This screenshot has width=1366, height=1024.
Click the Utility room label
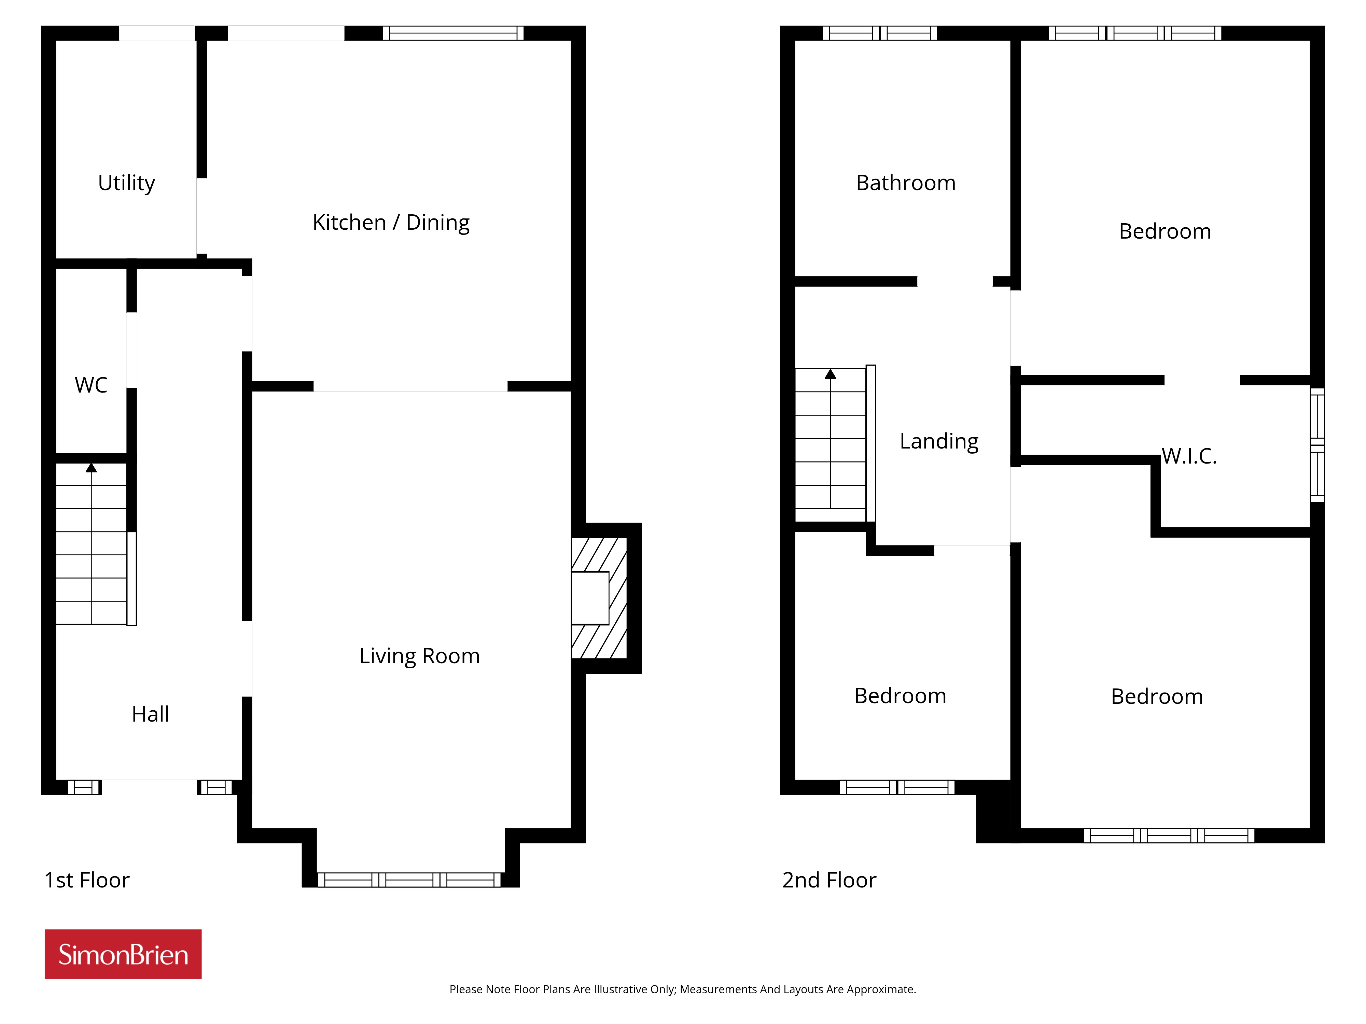coord(127,183)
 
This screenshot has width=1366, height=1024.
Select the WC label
coord(91,385)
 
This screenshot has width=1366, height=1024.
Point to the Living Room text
coord(419,656)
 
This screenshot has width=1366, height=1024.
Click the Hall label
coord(150,714)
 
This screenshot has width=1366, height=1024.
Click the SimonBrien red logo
coord(123,954)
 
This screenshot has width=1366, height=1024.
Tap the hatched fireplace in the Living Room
coord(599,598)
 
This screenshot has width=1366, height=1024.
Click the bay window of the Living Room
coord(409,880)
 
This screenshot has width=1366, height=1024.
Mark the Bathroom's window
coord(879,33)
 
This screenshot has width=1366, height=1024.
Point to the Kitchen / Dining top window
coord(453,33)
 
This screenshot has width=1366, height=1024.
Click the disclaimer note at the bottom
coord(682,990)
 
